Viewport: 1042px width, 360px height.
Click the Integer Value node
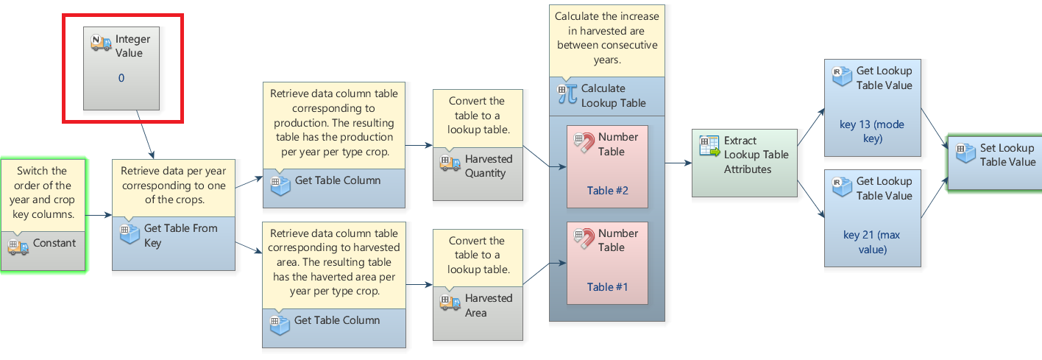[x=121, y=68]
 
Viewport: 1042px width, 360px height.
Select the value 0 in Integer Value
[x=121, y=78]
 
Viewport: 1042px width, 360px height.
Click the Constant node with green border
[x=43, y=244]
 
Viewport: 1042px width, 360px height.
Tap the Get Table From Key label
[x=180, y=236]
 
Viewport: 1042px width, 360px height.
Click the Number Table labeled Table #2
[x=607, y=166]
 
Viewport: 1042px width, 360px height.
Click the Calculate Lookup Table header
[x=606, y=96]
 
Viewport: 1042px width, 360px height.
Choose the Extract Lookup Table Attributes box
[x=744, y=163]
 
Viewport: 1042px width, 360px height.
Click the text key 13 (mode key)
[x=872, y=132]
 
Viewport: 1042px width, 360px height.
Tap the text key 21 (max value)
[x=872, y=242]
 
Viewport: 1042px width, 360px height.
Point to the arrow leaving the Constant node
[x=99, y=216]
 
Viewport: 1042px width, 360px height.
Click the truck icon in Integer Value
[x=101, y=43]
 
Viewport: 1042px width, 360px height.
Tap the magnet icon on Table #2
[x=584, y=143]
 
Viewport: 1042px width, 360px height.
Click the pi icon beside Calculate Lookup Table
[x=567, y=95]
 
